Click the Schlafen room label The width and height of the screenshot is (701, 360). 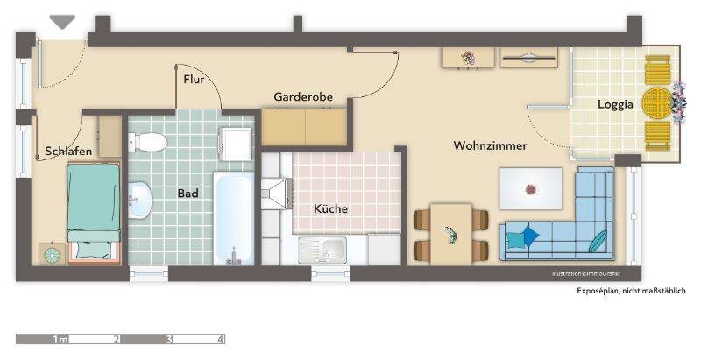pos(68,152)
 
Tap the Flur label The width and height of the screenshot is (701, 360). pos(194,80)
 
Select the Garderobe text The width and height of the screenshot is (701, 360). pos(303,96)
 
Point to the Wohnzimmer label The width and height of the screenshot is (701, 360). pos(490,145)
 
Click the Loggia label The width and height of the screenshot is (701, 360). pos(615,104)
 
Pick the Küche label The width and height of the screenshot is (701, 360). pos(330,209)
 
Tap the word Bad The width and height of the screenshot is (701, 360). pos(188,193)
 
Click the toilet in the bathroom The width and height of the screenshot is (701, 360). pos(150,141)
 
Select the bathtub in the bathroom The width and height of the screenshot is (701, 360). pos(235,219)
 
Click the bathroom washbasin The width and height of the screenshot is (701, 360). pos(140,201)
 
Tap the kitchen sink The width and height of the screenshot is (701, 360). pos(321,251)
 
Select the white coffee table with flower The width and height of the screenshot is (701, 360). pos(530,187)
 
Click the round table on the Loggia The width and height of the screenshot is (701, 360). pos(656,103)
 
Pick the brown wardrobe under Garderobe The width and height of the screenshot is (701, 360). pos(304,126)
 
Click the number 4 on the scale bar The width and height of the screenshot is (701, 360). pos(221,339)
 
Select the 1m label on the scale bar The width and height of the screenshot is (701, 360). pos(60,339)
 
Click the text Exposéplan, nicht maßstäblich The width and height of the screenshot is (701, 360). pos(631,291)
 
